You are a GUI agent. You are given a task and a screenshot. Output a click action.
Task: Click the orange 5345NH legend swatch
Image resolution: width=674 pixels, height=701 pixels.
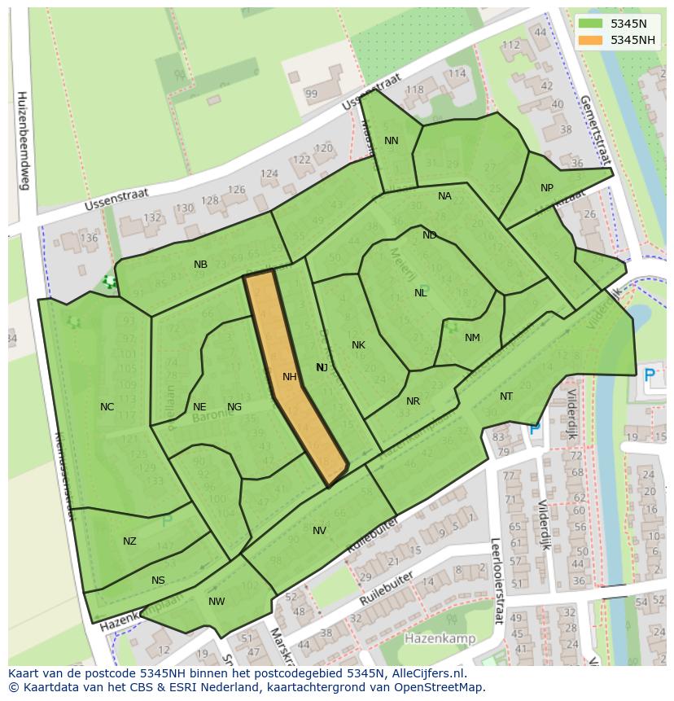click(591, 40)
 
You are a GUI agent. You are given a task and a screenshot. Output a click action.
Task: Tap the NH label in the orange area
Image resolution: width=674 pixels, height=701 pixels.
click(290, 377)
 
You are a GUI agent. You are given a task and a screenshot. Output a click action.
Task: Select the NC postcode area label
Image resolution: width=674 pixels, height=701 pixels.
click(107, 407)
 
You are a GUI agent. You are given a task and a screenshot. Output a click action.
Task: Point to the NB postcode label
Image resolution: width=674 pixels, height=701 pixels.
click(200, 265)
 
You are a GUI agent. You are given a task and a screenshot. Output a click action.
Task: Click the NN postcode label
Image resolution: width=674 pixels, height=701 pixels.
click(392, 141)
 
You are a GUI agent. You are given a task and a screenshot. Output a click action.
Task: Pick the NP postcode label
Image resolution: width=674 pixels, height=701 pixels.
click(547, 188)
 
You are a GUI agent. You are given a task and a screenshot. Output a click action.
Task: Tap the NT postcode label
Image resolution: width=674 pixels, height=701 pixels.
click(506, 397)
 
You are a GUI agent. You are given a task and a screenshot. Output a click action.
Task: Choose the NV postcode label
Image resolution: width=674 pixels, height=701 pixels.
click(319, 531)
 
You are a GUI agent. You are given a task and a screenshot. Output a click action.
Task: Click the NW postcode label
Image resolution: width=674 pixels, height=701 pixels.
click(217, 602)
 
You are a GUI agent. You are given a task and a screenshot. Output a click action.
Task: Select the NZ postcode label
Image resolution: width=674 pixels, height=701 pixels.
click(129, 541)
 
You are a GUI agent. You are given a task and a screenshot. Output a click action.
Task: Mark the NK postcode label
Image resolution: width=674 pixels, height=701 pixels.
click(358, 345)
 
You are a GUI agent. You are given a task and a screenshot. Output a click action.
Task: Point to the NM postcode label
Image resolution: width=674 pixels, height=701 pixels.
click(472, 338)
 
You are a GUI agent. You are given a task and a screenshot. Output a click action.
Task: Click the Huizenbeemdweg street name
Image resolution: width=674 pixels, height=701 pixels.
click(23, 139)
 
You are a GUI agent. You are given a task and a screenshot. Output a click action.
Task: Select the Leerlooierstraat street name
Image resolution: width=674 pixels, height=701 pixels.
click(495, 581)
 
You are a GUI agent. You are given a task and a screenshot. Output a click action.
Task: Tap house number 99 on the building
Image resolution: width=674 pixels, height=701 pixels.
click(311, 94)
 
